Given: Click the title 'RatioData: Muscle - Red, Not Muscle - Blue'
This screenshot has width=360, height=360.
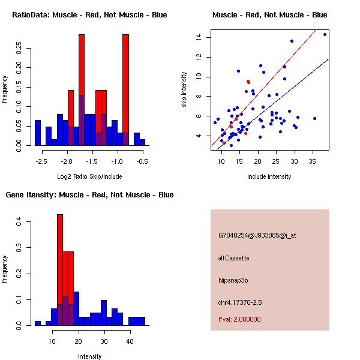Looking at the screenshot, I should coord(89,14).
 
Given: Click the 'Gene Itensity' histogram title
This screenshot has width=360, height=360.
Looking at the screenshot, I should coord(89,194).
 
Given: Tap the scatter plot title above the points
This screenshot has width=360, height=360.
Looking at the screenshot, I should coord(270,14).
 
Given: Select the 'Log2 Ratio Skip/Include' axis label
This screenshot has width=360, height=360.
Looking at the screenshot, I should coord(89,176).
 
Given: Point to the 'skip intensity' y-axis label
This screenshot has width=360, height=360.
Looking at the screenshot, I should coord(184,90).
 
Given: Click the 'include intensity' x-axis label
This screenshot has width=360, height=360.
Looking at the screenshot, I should coord(269,176).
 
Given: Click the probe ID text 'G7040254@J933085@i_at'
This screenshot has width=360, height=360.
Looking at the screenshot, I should coord(257,235).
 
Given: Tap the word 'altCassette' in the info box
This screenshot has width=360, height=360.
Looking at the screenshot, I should coord(233,258).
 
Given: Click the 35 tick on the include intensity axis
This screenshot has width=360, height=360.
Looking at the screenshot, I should coord(313,161).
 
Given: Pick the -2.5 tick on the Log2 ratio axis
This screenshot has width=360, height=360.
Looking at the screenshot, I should coord(41,161).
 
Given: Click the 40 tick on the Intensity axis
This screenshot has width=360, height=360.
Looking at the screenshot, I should coord(130,341).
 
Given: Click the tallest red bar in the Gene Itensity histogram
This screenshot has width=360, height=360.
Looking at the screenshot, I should coord(60,270).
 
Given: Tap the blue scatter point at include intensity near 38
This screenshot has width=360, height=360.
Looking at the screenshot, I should coord(325,34).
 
